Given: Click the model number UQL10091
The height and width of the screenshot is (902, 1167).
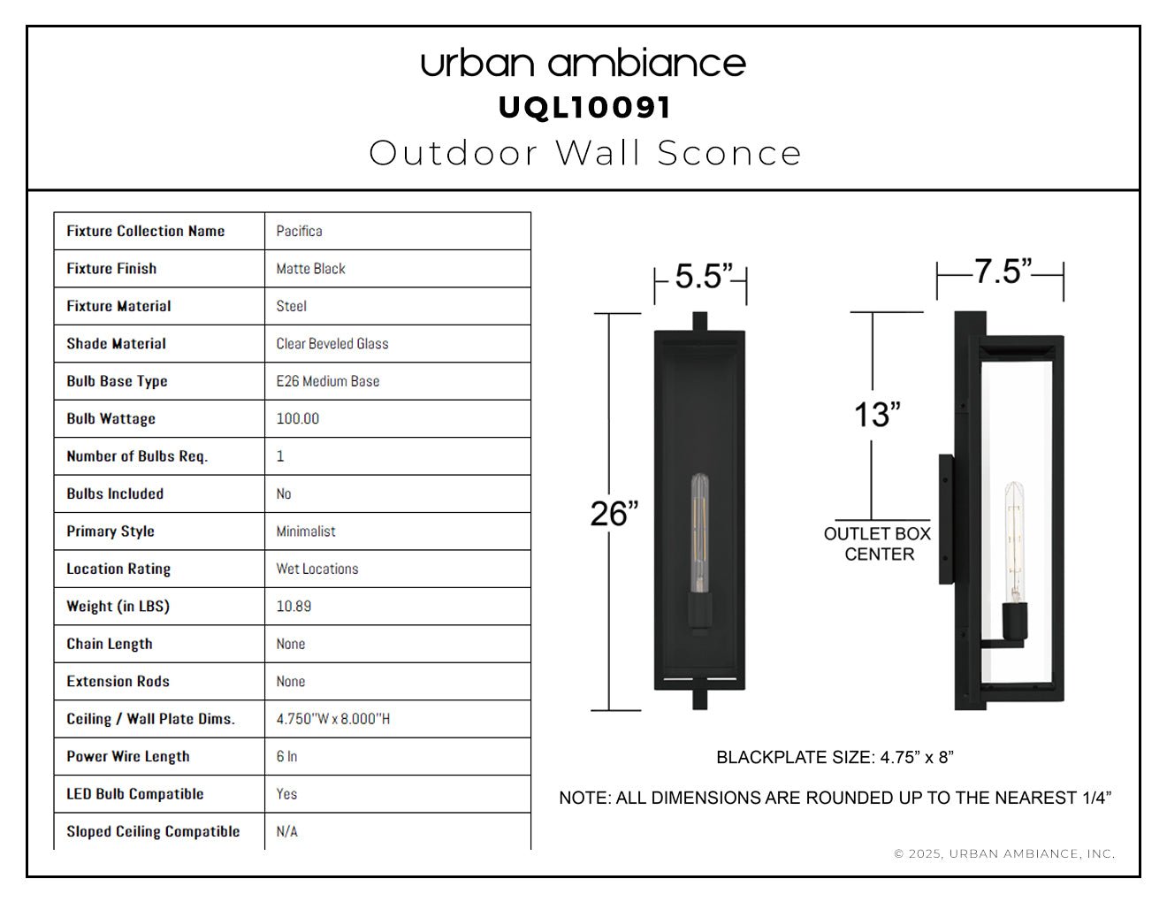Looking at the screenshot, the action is [x=584, y=108].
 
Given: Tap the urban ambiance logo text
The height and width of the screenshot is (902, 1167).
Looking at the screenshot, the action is [x=583, y=64].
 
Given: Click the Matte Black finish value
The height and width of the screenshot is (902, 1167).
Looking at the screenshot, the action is [x=310, y=269].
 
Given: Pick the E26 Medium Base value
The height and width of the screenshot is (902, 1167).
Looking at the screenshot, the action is [x=328, y=381].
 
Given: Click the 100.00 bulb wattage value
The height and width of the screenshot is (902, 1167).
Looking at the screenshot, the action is [x=298, y=418].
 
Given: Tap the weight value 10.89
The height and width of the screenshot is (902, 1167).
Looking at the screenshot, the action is [x=294, y=607].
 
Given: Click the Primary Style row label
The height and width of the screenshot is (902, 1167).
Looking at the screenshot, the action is [x=111, y=531].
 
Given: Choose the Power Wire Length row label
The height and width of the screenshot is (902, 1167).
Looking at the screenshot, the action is [x=128, y=756].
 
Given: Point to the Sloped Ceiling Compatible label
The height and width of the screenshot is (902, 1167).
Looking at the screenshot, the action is [x=153, y=831].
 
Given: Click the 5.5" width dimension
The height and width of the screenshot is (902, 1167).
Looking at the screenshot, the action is [x=704, y=276].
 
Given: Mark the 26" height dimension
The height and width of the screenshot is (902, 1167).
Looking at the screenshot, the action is [x=614, y=514].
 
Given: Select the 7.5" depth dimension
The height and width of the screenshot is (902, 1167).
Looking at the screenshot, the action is [x=1003, y=271].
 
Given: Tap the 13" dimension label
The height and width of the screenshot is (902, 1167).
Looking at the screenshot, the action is [x=877, y=415].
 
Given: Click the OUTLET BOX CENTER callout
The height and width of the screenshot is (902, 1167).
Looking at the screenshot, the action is [x=878, y=544].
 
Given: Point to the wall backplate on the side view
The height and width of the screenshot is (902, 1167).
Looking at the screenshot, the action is [x=946, y=519].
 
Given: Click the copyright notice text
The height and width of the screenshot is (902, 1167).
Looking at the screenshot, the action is [x=1004, y=854].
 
